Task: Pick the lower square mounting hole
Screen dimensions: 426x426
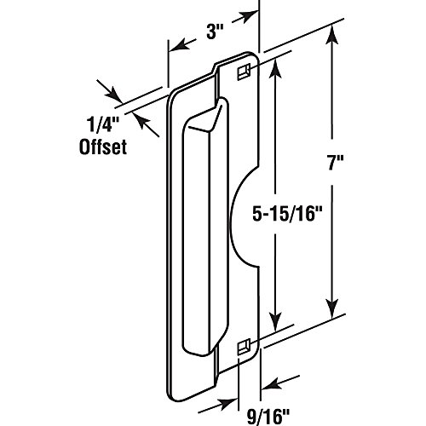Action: point(243,345)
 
